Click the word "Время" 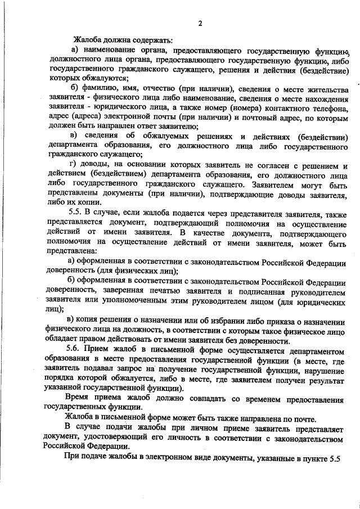pyautogui.click(x=79, y=398)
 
